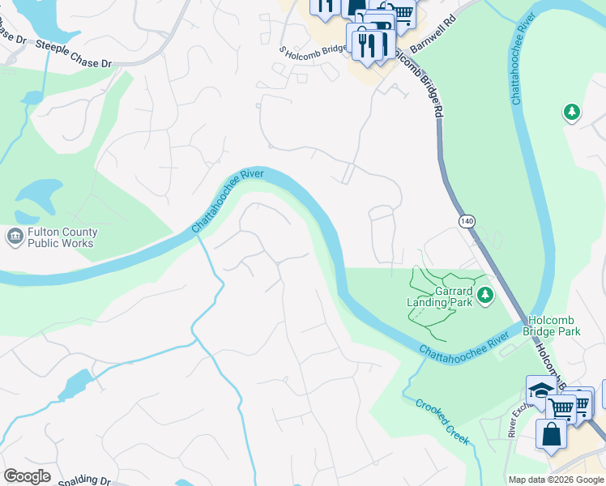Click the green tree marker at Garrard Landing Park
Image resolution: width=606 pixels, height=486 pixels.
coord(485,295)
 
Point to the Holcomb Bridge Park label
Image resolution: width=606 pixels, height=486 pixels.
coord(553,326)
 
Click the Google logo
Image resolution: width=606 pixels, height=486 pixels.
coord(27,476)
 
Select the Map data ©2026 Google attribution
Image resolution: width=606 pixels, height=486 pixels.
coord(556,480)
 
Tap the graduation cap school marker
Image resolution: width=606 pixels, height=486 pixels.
coord(540,390)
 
